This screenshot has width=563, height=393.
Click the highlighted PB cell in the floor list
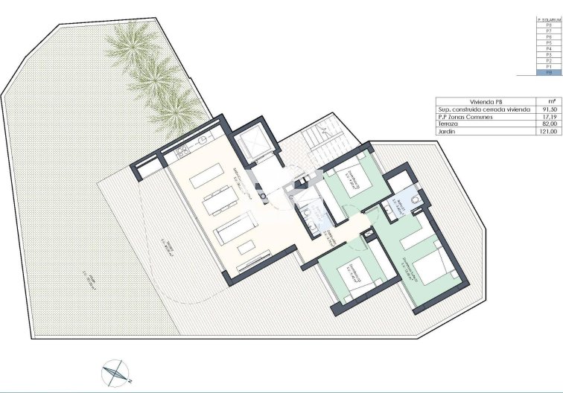point(549,73)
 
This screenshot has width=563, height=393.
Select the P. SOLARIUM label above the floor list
point(549,19)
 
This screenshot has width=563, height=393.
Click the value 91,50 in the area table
point(549,109)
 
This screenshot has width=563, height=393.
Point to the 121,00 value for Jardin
point(549,132)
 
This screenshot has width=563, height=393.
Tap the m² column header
point(549,101)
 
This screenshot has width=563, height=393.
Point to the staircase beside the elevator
point(313,138)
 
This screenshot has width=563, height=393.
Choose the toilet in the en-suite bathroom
point(412,199)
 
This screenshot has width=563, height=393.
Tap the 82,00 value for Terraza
point(549,124)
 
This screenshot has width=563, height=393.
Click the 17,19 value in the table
point(549,117)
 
